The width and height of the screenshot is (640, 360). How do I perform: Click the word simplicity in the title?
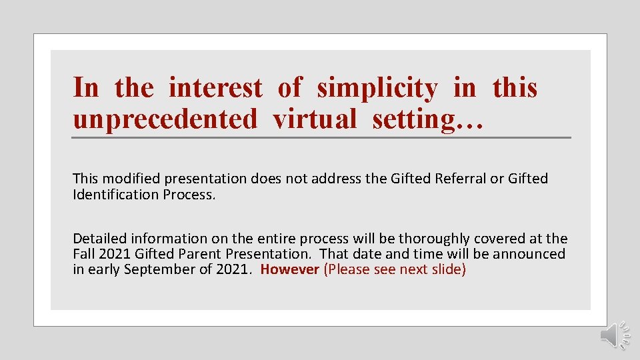tap(377, 88)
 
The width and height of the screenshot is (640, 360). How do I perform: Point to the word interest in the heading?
tap(215, 88)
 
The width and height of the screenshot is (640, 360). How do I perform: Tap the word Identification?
tap(112, 195)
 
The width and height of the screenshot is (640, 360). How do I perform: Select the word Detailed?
tap(99, 238)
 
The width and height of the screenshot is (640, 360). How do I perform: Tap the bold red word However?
tap(289, 270)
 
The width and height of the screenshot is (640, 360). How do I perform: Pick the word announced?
tap(529, 254)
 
